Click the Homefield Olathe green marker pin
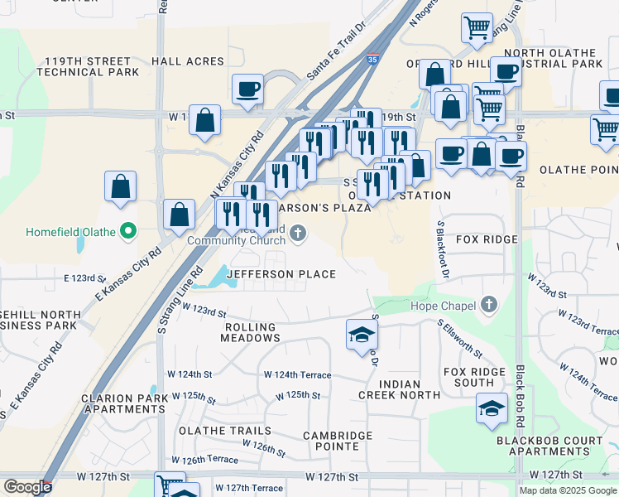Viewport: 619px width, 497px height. [127, 231]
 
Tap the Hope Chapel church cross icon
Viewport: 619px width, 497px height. [488, 306]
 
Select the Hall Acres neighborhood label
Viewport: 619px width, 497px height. [187, 61]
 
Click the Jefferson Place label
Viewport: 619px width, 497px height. [281, 274]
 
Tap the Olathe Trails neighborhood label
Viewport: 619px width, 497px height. [223, 431]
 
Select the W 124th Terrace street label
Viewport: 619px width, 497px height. [296, 375]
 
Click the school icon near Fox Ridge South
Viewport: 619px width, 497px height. [492, 408]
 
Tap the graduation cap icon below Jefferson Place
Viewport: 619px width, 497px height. [362, 335]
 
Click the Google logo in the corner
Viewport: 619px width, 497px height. [27, 487]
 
